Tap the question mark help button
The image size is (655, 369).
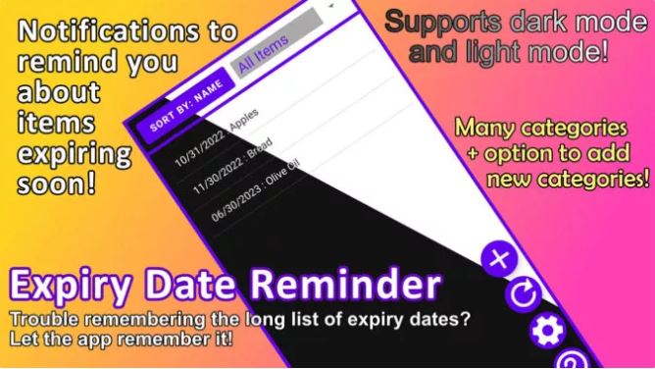[574, 359]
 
